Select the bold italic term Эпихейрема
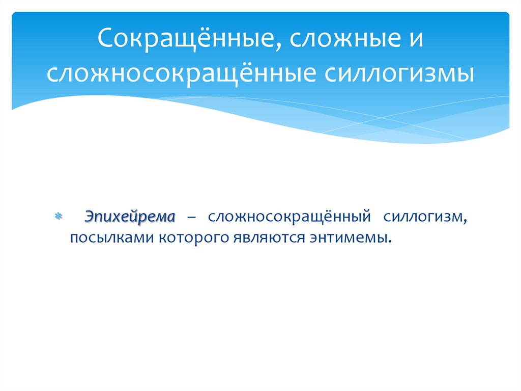coord(129,217)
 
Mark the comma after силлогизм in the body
coord(464,221)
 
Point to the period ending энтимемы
coord(392,242)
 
